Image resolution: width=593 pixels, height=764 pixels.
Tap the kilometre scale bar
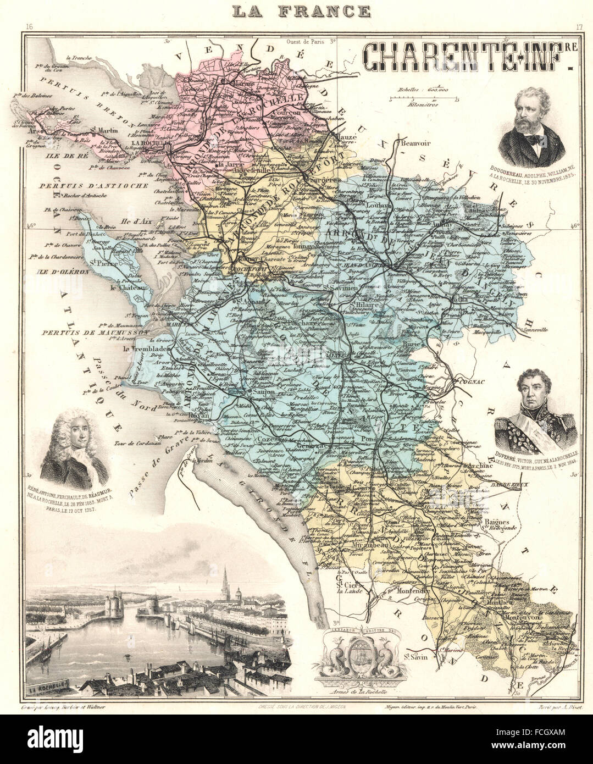424,98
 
